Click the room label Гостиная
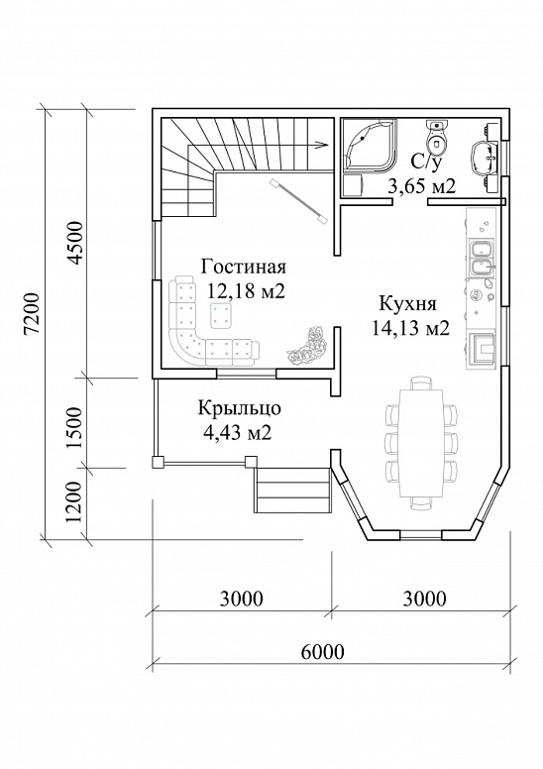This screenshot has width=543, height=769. tap(244, 268)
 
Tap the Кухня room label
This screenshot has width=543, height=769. tap(407, 303)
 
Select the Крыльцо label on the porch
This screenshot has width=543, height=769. tap(240, 408)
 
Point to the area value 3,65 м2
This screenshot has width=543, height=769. tap(422, 186)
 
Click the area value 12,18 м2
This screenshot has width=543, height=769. tap(246, 291)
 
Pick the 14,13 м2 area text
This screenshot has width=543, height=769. tap(410, 328)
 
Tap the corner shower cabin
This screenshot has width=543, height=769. tap(369, 145)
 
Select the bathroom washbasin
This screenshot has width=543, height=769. tap(485, 158)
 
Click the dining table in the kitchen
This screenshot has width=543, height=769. tap(421, 443)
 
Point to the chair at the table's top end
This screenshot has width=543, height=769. tap(421, 384)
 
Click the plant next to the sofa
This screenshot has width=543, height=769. tap(306, 346)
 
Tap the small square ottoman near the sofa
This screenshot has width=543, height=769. tap(221, 315)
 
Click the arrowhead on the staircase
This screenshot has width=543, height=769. tap(321, 145)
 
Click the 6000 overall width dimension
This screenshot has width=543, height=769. tap(322, 652)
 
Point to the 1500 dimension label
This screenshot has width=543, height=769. tap(75, 427)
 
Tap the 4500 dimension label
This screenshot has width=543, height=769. tap(75, 243)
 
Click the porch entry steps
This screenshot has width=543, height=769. tap(292, 491)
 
